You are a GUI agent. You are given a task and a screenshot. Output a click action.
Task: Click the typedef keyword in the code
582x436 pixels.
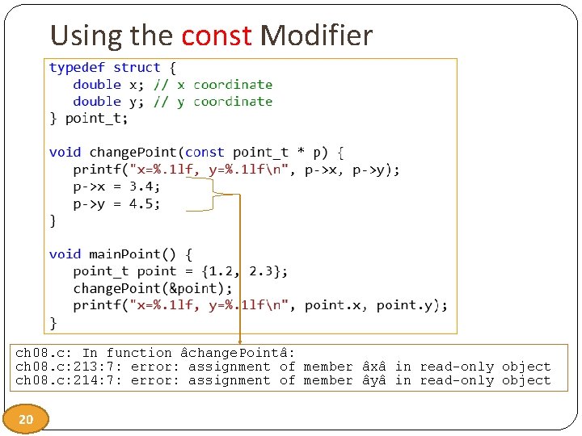coord(77,67)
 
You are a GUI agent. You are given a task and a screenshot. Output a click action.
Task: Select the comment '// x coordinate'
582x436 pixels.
coord(213,84)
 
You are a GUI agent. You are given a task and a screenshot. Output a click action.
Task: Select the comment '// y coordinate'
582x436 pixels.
coord(213,101)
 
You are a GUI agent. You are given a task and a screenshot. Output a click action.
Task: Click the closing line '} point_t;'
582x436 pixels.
coord(89,118)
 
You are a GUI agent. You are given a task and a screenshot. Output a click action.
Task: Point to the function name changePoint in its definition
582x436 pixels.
coord(133,152)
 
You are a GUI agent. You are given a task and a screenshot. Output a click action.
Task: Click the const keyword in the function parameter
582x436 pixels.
coord(205,152)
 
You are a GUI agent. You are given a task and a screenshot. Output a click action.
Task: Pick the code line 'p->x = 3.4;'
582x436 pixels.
coord(116,186)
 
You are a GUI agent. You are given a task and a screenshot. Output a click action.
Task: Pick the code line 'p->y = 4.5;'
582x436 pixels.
coord(116,203)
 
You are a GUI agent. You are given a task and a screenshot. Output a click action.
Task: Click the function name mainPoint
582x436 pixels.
coord(129,254)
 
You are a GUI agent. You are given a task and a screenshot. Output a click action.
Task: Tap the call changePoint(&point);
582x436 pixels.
coord(153,287)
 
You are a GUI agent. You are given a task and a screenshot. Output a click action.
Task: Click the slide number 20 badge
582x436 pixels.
coord(26,419)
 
